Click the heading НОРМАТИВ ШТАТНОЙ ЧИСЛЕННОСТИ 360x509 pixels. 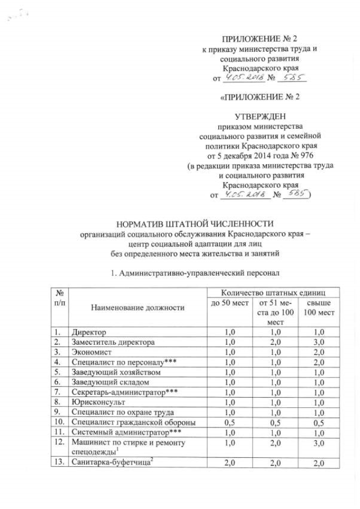click(187, 223)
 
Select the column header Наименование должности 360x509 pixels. click(136, 308)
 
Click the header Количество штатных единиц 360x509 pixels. click(272, 292)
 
